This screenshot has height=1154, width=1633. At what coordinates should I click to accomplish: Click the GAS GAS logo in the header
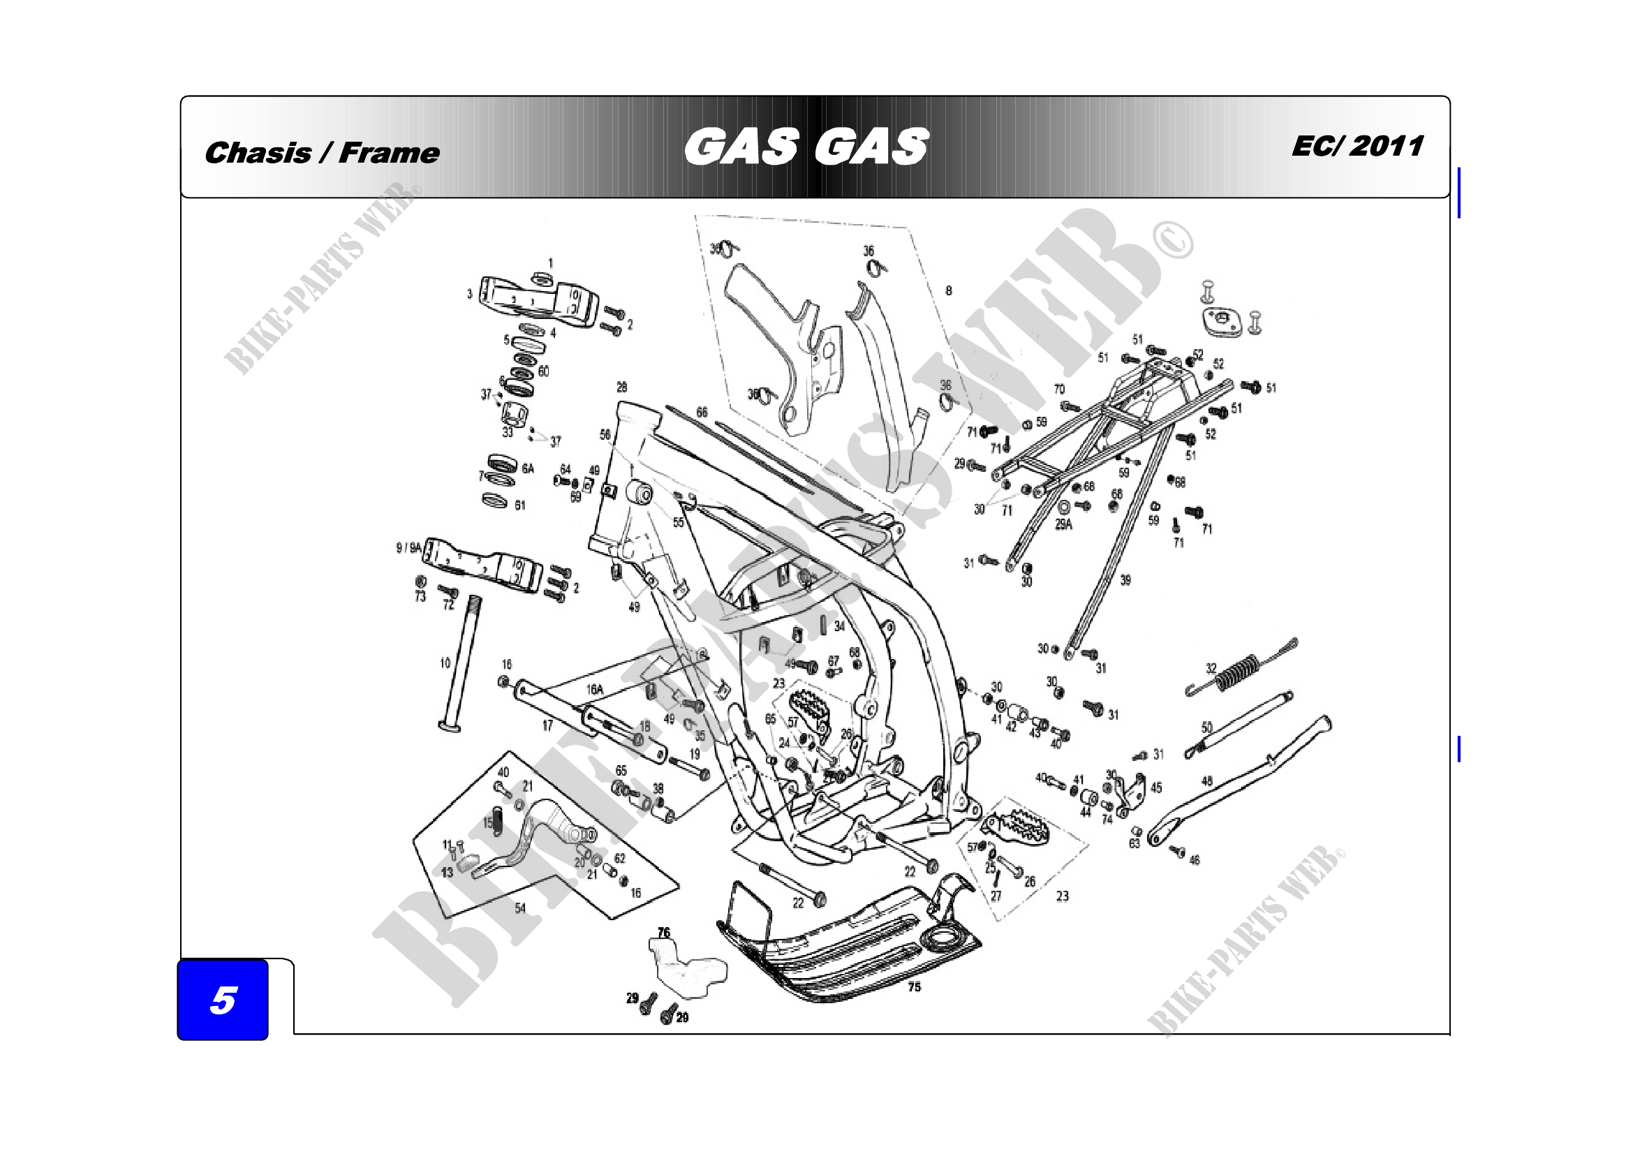coord(806,147)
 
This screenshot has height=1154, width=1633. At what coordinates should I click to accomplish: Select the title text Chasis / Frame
coord(321,153)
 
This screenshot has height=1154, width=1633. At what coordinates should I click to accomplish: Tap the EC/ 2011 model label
coord(1357,147)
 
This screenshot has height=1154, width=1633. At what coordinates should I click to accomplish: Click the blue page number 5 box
coord(223,1000)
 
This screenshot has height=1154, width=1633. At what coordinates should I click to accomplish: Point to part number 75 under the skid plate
coord(914,987)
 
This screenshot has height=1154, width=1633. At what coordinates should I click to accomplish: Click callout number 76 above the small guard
coord(663,932)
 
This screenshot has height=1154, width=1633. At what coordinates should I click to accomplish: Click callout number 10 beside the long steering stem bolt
coord(445,663)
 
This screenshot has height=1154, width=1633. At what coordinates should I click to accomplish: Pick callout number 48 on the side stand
coord(1207,781)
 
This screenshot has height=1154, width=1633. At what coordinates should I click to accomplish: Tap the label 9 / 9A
coord(409,547)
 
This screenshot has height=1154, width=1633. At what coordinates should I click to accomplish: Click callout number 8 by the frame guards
coord(948,290)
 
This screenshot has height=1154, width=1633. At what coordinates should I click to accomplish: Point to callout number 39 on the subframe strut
coord(1125,580)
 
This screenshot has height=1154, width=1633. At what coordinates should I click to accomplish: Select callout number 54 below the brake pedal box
coord(520,908)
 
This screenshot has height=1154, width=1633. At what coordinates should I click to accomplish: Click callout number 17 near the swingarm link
coord(547,725)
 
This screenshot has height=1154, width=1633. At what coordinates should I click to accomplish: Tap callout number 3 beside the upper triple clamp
coord(469,293)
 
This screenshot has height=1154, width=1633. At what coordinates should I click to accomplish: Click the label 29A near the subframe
coord(1063,524)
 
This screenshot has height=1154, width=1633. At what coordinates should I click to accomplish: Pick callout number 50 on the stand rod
coord(1207,727)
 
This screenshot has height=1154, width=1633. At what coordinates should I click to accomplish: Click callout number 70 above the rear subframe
coord(1059,389)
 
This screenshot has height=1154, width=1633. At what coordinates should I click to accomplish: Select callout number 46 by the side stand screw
coord(1194,859)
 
